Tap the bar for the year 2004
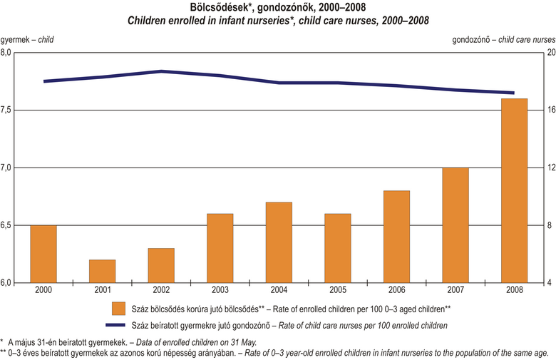click(278, 242)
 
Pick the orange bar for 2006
click(396, 237)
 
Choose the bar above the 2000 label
click(43, 254)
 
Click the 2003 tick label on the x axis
click(220, 290)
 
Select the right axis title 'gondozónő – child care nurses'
click(503, 38)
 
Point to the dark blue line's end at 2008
click(513, 93)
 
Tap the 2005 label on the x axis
click(337, 290)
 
